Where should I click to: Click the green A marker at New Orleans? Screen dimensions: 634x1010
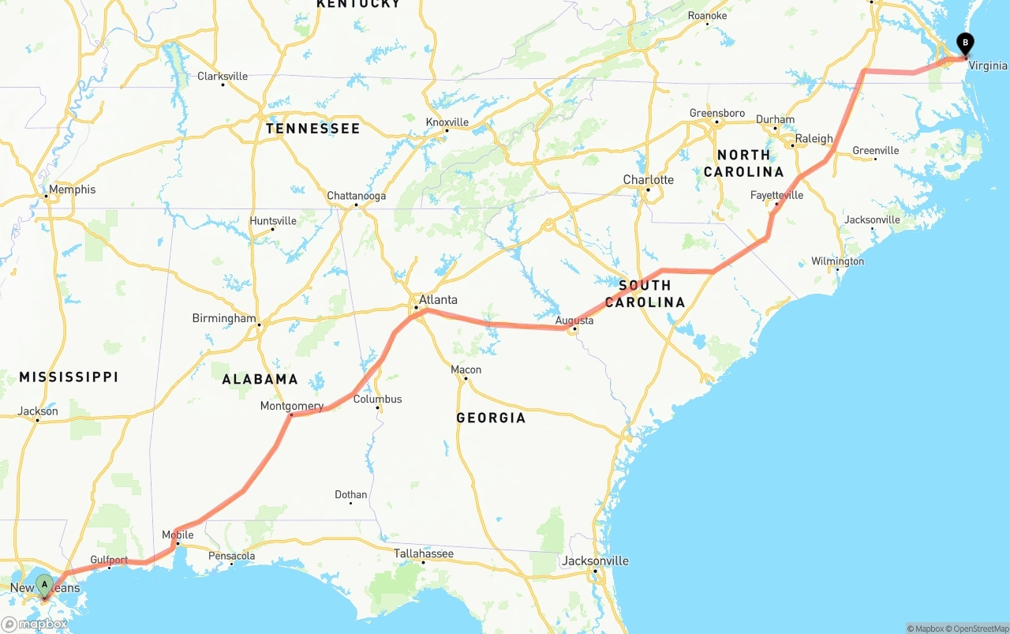tap(45, 585)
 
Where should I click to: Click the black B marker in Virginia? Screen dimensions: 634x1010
tap(965, 43)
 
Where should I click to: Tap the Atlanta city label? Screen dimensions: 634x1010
tap(438, 300)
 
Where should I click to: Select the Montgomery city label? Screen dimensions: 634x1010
tap(292, 407)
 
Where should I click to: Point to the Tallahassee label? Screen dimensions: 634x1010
tap(424, 553)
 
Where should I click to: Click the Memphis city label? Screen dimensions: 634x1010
tap(72, 189)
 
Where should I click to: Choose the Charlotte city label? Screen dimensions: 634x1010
tap(649, 179)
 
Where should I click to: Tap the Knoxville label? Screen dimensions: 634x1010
tap(447, 122)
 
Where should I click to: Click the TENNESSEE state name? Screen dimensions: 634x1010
tap(312, 129)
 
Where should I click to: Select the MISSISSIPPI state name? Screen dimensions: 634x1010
tap(69, 377)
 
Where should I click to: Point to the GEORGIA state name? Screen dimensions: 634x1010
tap(491, 418)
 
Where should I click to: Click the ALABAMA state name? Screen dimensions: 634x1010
tap(260, 379)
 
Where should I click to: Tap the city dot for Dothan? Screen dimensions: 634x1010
tap(350, 503)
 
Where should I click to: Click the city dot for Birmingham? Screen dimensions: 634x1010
tap(259, 324)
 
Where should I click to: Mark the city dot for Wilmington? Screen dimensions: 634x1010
tap(838, 270)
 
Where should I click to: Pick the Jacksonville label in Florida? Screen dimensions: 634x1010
tap(596, 561)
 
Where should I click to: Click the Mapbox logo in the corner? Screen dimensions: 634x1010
tap(34, 624)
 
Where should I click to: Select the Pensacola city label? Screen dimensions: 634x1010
tap(232, 556)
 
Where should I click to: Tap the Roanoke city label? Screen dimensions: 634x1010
tap(707, 16)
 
